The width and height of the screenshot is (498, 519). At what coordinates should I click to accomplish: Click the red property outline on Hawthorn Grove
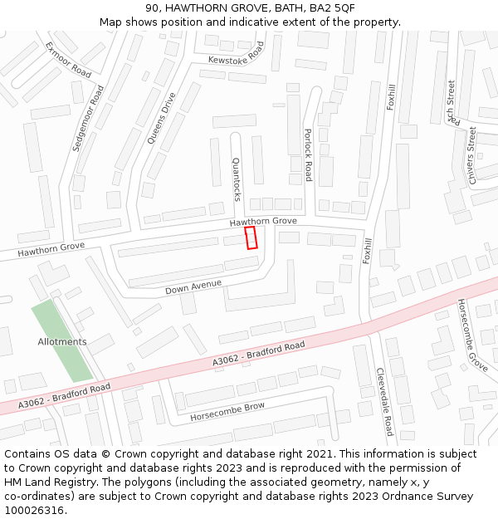point(251,237)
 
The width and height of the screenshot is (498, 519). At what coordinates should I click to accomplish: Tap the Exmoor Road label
point(67,60)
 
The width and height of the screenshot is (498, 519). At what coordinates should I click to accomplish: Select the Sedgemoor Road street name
point(88,117)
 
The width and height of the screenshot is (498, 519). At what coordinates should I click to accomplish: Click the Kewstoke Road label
point(235,51)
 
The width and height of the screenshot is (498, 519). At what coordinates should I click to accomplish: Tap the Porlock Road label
point(308,154)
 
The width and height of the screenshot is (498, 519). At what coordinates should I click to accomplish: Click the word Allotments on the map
point(62,342)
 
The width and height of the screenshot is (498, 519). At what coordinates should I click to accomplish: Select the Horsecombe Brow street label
point(227,411)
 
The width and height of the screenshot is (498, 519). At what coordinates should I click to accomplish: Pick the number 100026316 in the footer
point(34,511)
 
